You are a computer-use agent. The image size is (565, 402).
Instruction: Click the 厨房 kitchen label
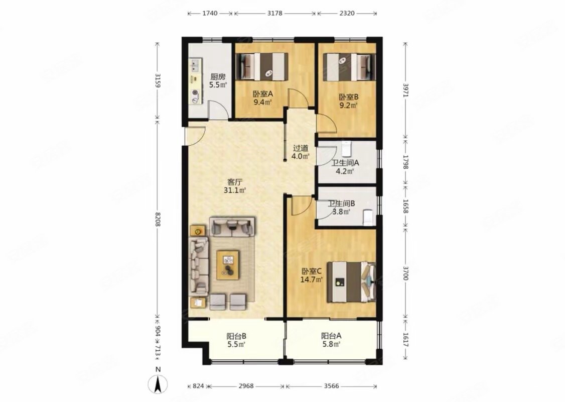pyautogui.click(x=218, y=77)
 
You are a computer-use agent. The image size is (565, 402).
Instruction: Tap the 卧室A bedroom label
pyautogui.click(x=262, y=94)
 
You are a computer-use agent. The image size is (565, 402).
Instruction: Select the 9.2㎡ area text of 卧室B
pyautogui.click(x=348, y=106)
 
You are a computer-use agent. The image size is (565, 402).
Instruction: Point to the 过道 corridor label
pyautogui.click(x=301, y=148)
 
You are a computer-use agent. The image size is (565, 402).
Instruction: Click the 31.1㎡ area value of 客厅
pyautogui.click(x=235, y=190)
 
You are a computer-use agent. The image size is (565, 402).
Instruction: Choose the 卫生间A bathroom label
pyautogui.click(x=345, y=163)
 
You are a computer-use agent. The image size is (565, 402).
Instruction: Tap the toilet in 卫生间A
pyautogui.click(x=346, y=149)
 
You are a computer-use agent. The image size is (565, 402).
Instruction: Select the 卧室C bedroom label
pyautogui.click(x=312, y=271)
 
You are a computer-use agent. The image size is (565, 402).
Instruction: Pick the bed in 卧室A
pyautogui.click(x=262, y=66)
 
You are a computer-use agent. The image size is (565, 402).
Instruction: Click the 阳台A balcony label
pyautogui.click(x=331, y=336)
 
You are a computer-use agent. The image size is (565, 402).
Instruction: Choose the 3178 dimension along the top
pyautogui.click(x=274, y=13)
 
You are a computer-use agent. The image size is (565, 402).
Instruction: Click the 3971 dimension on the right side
pyautogui.click(x=405, y=90)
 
